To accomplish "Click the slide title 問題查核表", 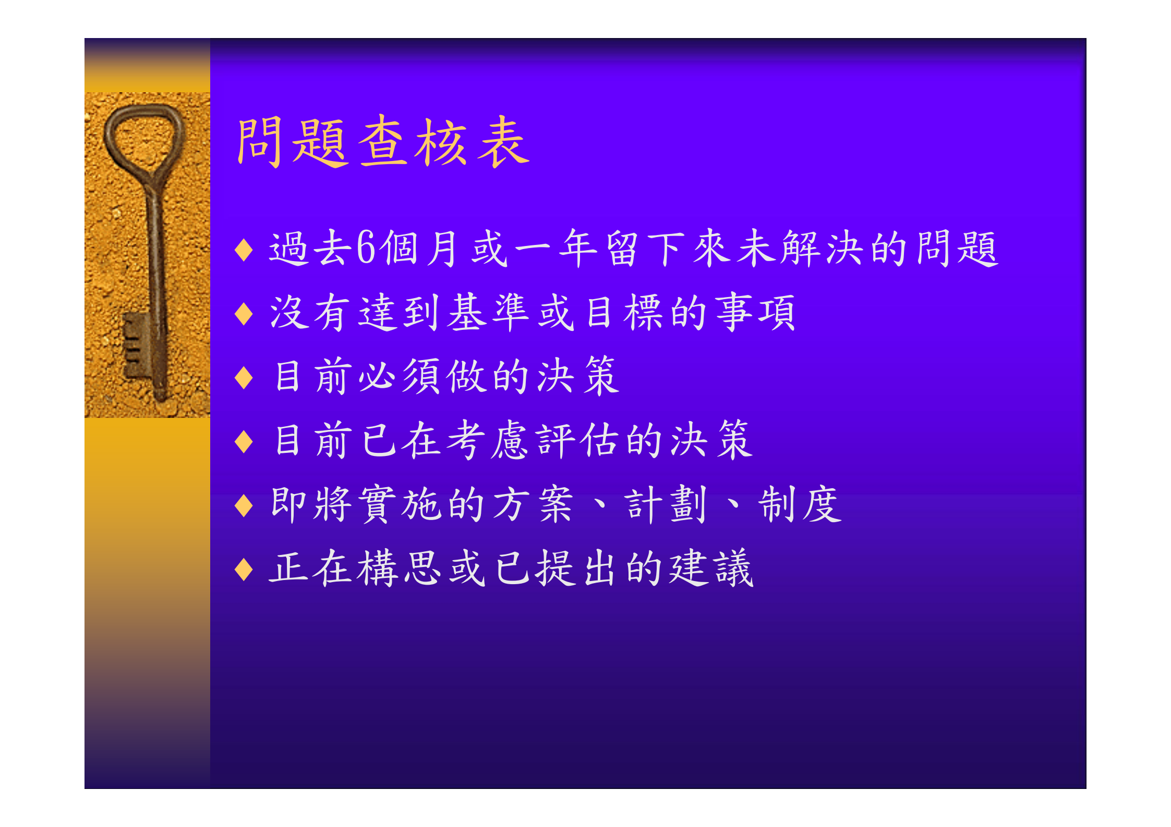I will pos(383,142).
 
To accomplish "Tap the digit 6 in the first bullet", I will pos(366,249).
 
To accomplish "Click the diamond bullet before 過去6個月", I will pos(244,250).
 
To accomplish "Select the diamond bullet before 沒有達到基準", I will pos(244,314).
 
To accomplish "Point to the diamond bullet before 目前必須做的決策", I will pos(244,378).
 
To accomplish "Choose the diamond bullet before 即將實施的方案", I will pos(244,505).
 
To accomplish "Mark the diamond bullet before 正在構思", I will pos(244,569).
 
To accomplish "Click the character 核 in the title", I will pos(441,142).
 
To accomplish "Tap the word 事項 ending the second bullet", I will pos(755,313).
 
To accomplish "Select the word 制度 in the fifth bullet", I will pos(800,504).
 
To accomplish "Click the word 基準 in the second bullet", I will pos(488,313).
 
